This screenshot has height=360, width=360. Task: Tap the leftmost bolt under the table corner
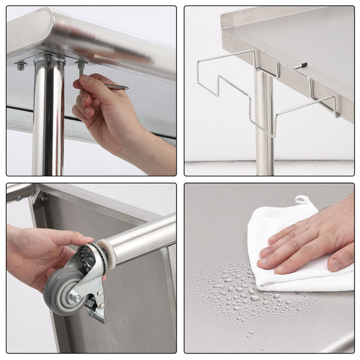click(x=22, y=65)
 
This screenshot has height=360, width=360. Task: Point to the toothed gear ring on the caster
click(x=88, y=259)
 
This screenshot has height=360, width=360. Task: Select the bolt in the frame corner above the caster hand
click(x=43, y=196)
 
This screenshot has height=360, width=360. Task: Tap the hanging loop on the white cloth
click(x=302, y=200)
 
